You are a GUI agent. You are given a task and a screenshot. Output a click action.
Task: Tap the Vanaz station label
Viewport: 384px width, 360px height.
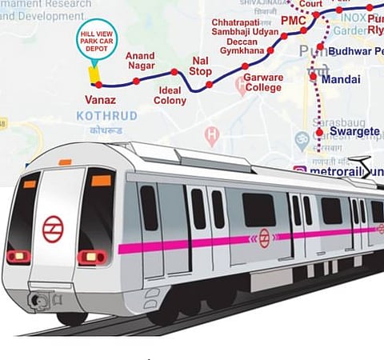[100, 101]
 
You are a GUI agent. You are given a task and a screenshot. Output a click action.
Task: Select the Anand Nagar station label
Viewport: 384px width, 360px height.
[141, 62]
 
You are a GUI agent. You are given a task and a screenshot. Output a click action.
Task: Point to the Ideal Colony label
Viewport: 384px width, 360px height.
[170, 95]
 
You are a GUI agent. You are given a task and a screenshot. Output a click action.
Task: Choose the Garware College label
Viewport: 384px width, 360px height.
[263, 83]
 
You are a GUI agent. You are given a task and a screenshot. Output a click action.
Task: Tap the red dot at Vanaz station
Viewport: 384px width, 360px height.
[98, 84]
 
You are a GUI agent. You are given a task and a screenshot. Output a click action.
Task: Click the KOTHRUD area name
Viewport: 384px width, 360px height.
[106, 116]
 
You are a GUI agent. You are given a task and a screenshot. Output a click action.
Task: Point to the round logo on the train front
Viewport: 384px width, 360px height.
[53, 229]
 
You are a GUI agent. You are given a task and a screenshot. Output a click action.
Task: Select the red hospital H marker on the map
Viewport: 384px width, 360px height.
[211, 135]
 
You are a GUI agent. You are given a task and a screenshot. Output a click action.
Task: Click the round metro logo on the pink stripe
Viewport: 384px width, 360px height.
[264, 238]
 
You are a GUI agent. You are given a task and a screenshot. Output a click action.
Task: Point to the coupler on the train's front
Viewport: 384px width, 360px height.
[37, 301]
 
